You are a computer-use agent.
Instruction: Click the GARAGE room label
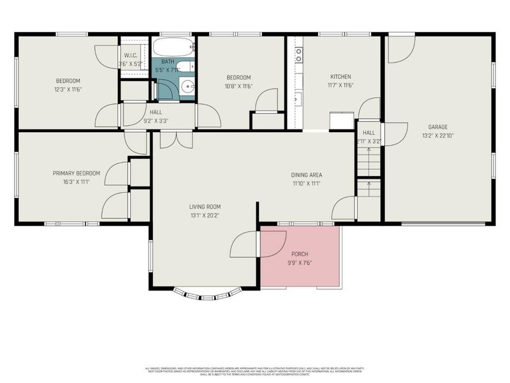[437, 126]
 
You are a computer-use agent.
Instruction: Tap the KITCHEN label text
[340, 76]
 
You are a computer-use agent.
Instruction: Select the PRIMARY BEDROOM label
[76, 173]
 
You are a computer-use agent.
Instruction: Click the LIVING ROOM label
[205, 206]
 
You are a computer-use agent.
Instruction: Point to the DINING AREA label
[307, 175]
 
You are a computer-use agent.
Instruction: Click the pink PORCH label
[299, 254]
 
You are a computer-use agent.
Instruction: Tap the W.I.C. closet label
[131, 55]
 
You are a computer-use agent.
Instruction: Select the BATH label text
[167, 61]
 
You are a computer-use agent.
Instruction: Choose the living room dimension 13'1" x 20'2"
[205, 215]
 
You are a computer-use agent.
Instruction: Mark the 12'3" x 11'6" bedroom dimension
[68, 89]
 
